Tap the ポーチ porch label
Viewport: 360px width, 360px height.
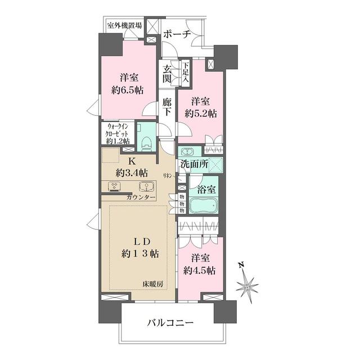[177, 34]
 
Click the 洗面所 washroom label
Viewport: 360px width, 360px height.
[195, 164]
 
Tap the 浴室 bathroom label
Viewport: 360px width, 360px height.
[204, 183]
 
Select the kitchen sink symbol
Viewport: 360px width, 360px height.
[148, 187]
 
